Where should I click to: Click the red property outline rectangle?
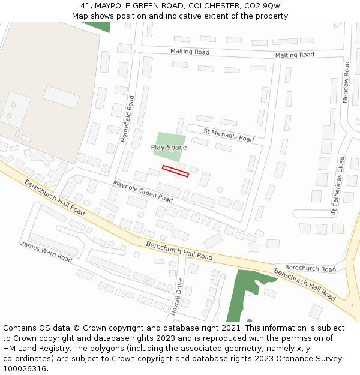tap(175, 171)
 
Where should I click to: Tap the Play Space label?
tap(169, 148)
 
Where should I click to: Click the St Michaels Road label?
tap(229, 135)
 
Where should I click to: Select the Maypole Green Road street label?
tap(143, 191)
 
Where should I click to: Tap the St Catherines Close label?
tap(338, 185)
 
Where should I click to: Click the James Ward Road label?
tap(46, 252)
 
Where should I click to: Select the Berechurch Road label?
tap(310, 269)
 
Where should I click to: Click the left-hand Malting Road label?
tap(190, 52)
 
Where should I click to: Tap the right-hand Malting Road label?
tap(295, 55)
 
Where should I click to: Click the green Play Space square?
tap(169, 145)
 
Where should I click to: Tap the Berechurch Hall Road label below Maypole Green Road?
tap(179, 251)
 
